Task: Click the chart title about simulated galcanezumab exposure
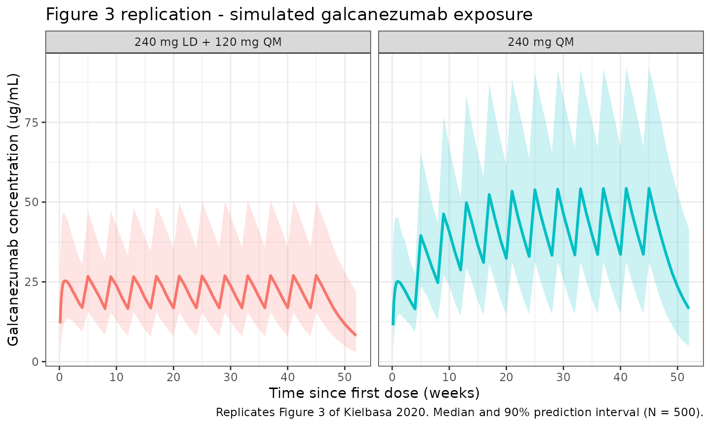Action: [289, 15]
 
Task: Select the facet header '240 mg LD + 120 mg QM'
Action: [208, 42]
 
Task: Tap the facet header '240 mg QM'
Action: [541, 42]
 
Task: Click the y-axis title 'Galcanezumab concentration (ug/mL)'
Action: [13, 210]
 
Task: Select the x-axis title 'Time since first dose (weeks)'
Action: [374, 393]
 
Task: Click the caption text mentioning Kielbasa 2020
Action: [459, 412]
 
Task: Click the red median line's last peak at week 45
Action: [316, 276]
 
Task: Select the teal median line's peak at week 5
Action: [421, 236]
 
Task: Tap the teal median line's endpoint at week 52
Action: [689, 308]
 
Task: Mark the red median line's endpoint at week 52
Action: [356, 335]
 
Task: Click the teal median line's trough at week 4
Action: [415, 309]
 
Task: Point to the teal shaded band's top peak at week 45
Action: [649, 68]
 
